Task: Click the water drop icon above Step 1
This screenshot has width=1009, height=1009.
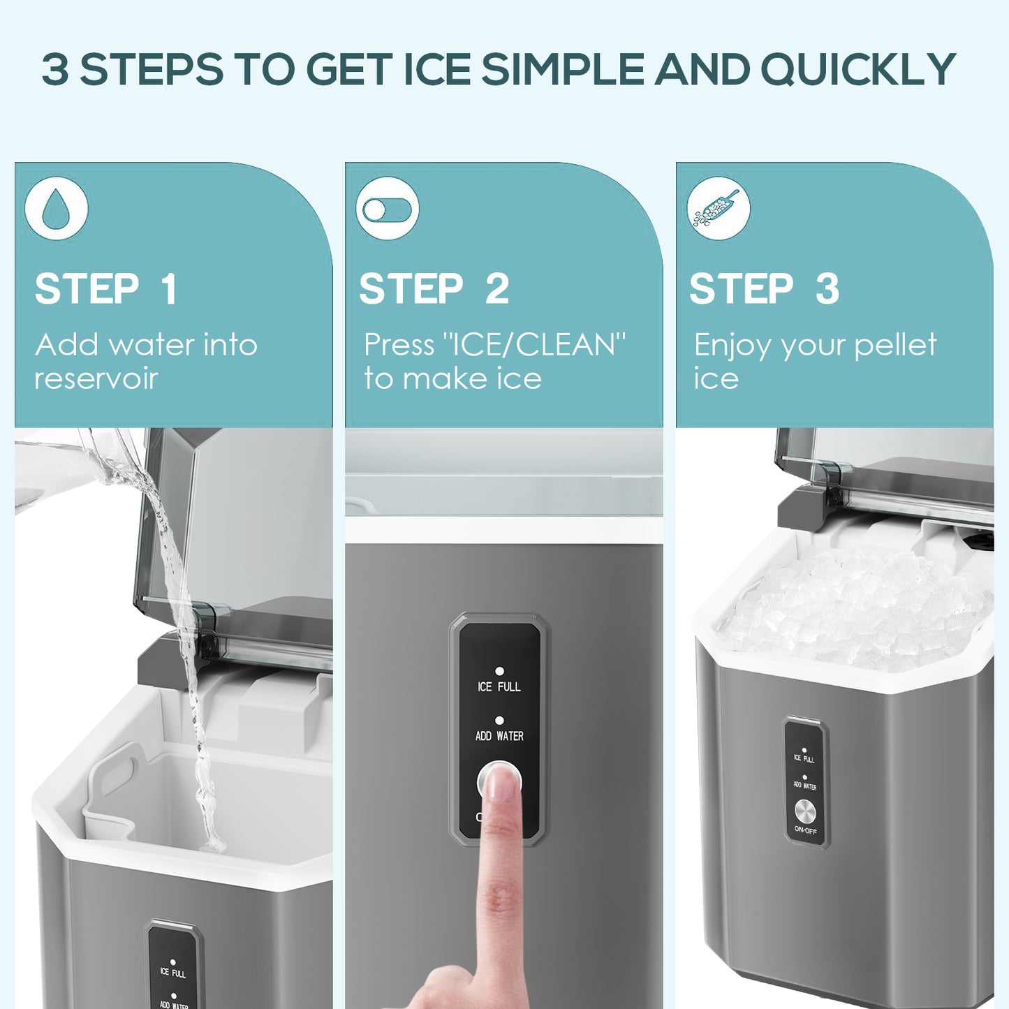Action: pyautogui.click(x=56, y=209)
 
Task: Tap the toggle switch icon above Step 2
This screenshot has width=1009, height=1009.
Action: pyautogui.click(x=388, y=209)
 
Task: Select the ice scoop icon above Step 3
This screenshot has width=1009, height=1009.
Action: pyautogui.click(x=718, y=209)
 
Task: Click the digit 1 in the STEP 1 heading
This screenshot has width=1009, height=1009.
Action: pyautogui.click(x=168, y=289)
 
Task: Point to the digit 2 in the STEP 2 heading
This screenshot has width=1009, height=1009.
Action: pyautogui.click(x=497, y=289)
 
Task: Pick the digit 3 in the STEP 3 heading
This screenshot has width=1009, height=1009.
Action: pyautogui.click(x=827, y=289)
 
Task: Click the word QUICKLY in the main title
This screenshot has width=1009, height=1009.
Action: pyautogui.click(x=857, y=70)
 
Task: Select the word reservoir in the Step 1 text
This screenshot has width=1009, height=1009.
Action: pyautogui.click(x=96, y=379)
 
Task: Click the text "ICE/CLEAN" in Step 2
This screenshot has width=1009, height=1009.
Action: pyautogui.click(x=534, y=345)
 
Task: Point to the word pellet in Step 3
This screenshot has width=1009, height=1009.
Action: pyautogui.click(x=895, y=345)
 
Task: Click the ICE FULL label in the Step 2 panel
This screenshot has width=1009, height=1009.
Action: pyautogui.click(x=499, y=687)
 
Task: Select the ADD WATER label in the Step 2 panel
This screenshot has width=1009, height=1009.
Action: pyautogui.click(x=499, y=736)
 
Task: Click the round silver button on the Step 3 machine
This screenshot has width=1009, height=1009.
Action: pyautogui.click(x=805, y=811)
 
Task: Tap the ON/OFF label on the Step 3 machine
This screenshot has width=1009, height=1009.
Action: pyautogui.click(x=805, y=831)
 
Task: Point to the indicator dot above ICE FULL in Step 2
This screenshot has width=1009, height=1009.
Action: pyautogui.click(x=499, y=671)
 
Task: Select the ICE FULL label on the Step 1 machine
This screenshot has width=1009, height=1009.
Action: pyautogui.click(x=172, y=972)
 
